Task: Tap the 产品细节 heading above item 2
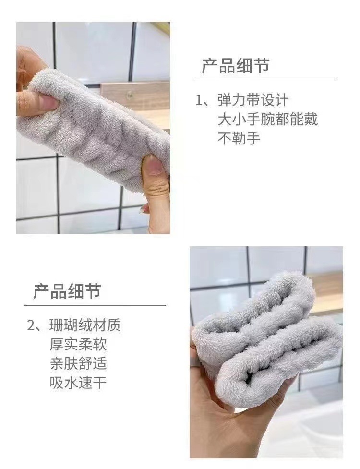click(x=67, y=291)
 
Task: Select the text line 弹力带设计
click(x=252, y=100)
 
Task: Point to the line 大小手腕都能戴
click(x=268, y=119)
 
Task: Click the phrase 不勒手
click(x=239, y=138)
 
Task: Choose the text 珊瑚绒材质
click(x=85, y=325)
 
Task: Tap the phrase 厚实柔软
click(x=78, y=345)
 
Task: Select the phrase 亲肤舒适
click(x=78, y=363)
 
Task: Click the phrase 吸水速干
click(x=78, y=383)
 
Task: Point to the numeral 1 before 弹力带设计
click(x=199, y=101)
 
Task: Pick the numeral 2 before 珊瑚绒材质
click(x=31, y=326)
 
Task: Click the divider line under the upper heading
click(x=264, y=80)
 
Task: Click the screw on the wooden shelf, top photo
click(x=129, y=95)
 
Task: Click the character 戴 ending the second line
click(x=311, y=119)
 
